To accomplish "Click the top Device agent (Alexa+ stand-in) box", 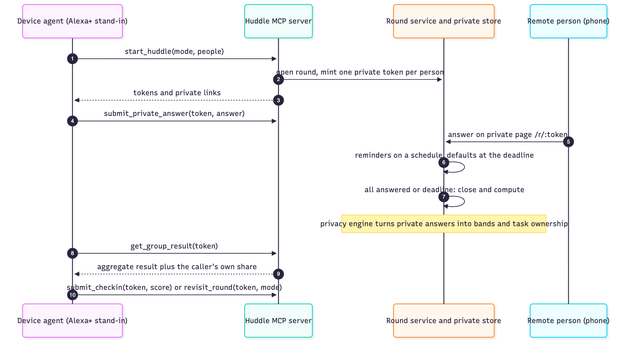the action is (72, 21).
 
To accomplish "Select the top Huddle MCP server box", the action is (278, 21).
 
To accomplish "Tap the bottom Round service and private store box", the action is (444, 321).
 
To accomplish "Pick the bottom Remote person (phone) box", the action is (568, 321).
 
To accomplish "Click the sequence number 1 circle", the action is (72, 59).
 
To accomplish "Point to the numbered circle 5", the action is (568, 142).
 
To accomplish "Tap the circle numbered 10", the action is (72, 295).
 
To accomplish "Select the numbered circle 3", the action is (278, 100).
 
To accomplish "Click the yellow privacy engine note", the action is (444, 224).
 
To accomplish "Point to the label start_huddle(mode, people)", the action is (174, 51).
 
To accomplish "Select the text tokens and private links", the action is (177, 93).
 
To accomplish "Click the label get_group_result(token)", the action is (174, 246).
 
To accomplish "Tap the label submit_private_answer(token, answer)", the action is (174, 114).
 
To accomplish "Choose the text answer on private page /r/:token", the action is (508, 135).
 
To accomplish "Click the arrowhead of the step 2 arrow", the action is (440, 79).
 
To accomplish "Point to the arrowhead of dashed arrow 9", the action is (77, 274).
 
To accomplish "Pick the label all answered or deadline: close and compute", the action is (445, 189).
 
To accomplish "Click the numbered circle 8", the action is (72, 253).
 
